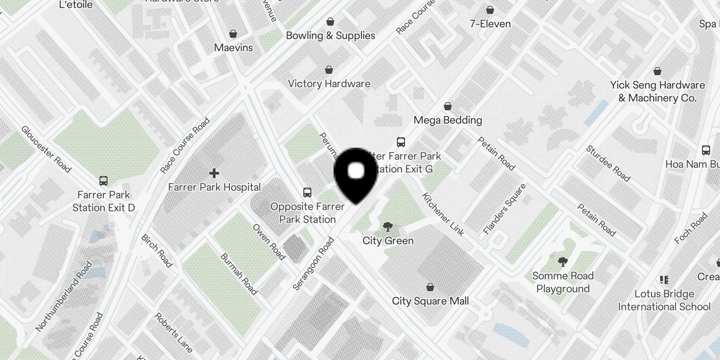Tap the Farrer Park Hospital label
(214, 187)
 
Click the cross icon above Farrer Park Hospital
(214, 173)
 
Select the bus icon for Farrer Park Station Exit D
(103, 181)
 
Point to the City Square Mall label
(430, 301)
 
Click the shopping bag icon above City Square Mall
(430, 287)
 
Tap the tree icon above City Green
(387, 226)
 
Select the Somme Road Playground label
(563, 282)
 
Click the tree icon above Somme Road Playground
(562, 261)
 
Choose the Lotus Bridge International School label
(664, 300)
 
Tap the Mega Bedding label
(448, 120)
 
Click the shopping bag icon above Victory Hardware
(329, 70)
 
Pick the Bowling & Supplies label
(330, 36)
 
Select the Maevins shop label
(233, 47)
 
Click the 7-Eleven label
(490, 24)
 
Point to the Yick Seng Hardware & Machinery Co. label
(657, 91)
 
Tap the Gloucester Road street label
(46, 149)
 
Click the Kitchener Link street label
(443, 215)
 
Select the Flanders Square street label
(504, 209)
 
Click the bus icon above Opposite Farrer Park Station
(307, 193)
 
